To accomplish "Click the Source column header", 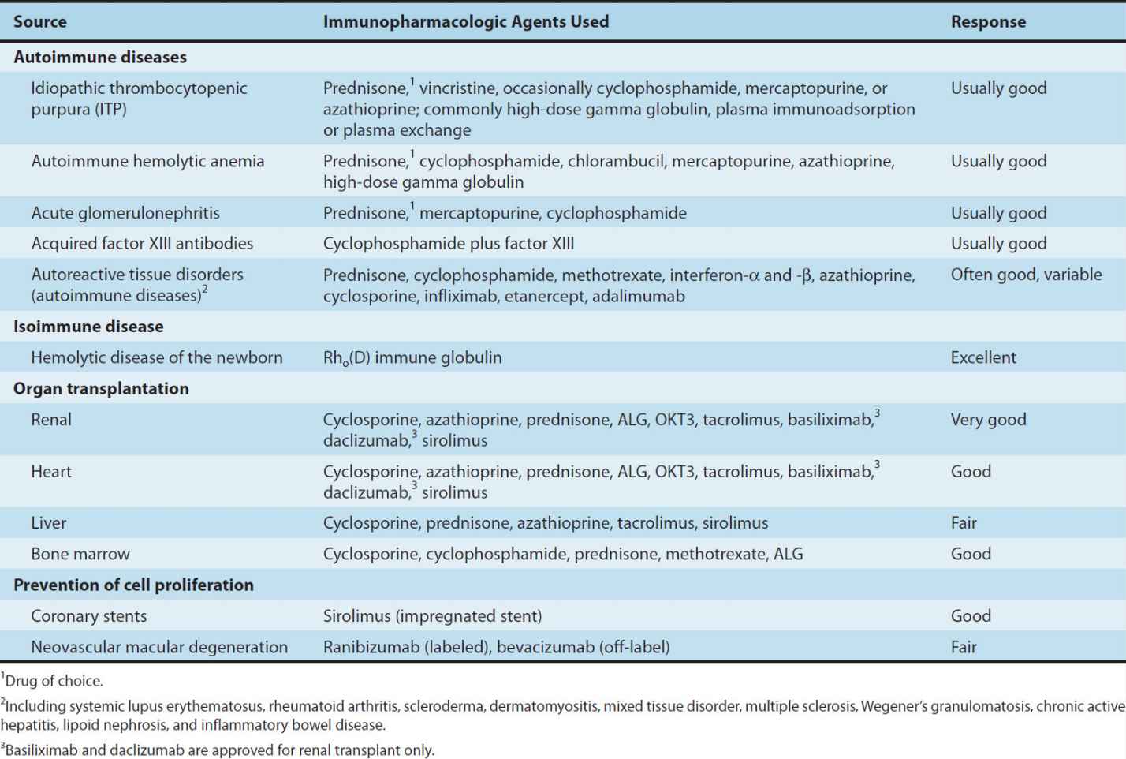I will click(40, 22).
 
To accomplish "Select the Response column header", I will click(988, 22).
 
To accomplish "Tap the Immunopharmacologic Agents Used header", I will click(465, 22).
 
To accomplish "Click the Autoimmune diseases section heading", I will click(100, 58).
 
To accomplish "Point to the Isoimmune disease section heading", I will click(88, 327).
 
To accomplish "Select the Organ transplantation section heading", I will click(101, 389).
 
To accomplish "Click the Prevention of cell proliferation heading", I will click(133, 585).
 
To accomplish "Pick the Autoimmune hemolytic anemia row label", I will click(147, 162).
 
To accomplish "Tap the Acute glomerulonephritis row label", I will click(125, 214).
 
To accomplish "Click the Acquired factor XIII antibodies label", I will click(142, 244).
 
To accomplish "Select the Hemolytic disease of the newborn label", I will click(156, 358).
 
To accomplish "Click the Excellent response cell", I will click(983, 358).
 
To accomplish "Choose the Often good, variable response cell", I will click(1026, 275).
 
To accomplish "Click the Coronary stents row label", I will click(89, 617).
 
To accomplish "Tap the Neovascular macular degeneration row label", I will click(159, 648).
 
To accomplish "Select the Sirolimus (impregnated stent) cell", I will click(432, 617).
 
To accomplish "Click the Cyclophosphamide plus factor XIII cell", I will click(448, 244).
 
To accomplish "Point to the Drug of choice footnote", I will click(53, 681).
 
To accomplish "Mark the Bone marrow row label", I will click(80, 555).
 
